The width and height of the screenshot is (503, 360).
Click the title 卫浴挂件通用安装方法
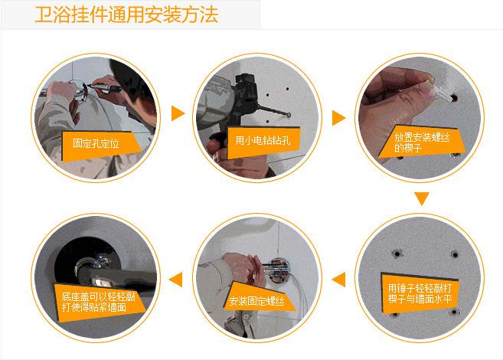pos(126,15)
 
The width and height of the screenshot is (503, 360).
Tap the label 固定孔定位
pos(96,143)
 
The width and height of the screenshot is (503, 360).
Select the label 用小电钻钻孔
pos(263,140)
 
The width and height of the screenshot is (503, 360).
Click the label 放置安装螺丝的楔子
pos(422,142)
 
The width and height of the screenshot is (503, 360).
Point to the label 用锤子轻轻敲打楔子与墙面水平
pos(420,293)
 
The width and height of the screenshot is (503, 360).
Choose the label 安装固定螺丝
pos(256,301)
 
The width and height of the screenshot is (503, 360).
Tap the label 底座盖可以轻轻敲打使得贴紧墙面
pos(99,302)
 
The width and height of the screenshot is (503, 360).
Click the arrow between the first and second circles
pos(178,113)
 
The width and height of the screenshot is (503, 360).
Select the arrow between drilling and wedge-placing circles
pos(338,118)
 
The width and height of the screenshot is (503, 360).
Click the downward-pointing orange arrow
pos(422,198)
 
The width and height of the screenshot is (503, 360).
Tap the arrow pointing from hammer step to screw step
pos(338,279)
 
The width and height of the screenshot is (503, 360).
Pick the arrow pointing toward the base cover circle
pos(176,279)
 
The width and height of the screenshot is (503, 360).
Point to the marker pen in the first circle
pos(105,87)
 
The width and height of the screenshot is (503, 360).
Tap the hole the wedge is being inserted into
pos(453,97)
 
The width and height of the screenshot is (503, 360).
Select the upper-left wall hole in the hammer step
pos(397,254)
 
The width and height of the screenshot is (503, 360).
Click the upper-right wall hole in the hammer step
pos(455,255)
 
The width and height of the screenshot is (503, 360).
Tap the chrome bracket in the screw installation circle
pos(277,269)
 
